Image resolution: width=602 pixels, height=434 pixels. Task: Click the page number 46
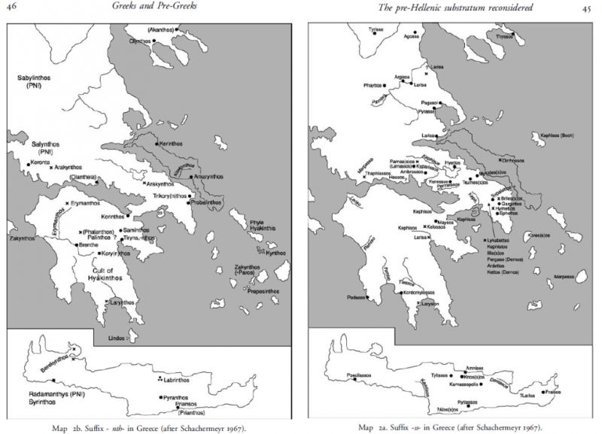coord(12,8)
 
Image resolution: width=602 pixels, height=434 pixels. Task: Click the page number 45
coord(588,8)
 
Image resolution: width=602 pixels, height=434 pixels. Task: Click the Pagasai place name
coord(429,101)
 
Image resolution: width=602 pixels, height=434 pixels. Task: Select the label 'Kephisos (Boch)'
coord(557,135)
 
